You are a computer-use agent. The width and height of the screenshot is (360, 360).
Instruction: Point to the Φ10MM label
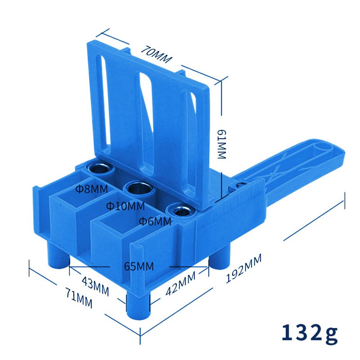pyautogui.click(x=126, y=206)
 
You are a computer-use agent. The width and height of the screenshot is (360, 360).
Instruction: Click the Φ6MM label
pyautogui.click(x=155, y=221)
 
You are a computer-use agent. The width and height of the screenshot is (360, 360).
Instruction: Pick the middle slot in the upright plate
pyautogui.click(x=145, y=119)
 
